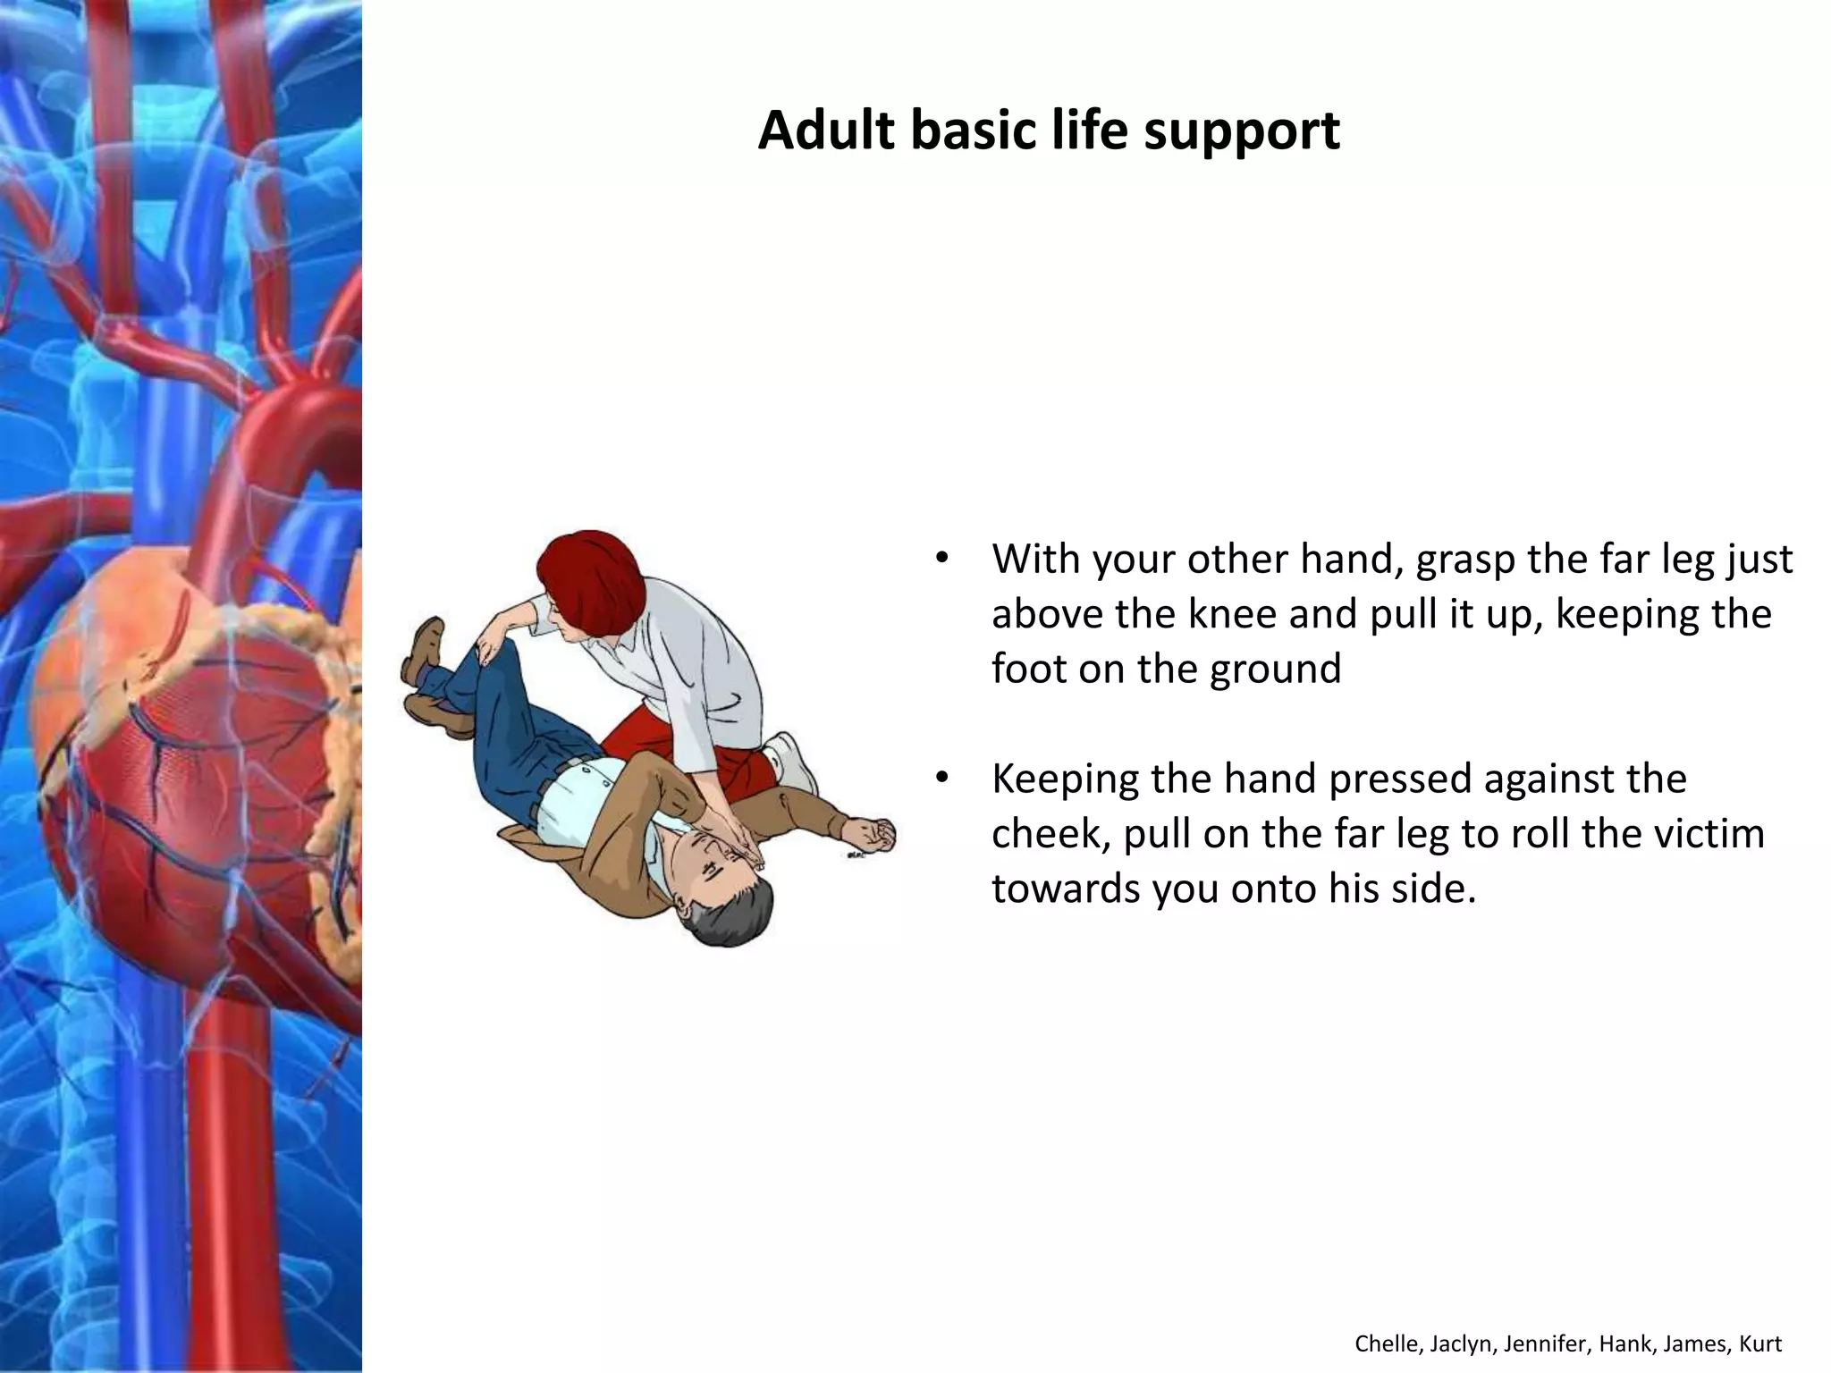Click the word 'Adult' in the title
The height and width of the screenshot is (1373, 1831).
[826, 131]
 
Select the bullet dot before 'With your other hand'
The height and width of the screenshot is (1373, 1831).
[941, 560]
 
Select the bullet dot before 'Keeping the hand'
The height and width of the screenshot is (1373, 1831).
[941, 779]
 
